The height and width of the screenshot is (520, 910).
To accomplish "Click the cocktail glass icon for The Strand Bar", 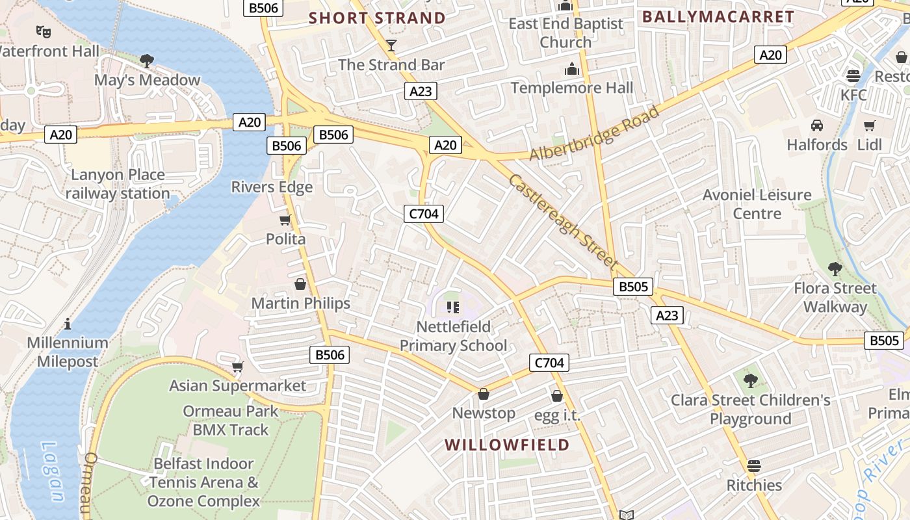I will click(391, 45).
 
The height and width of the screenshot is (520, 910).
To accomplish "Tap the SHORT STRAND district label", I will click(377, 18).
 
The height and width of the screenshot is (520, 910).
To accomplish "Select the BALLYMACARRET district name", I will click(718, 17).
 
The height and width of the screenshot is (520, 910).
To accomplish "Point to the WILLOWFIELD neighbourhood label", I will click(507, 445).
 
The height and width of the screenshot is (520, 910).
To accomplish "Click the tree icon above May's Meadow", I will click(147, 61).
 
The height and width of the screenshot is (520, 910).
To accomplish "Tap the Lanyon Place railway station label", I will click(118, 184).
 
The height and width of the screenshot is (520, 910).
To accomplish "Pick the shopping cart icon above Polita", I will click(285, 220).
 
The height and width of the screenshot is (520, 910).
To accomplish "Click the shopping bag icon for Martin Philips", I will click(300, 284).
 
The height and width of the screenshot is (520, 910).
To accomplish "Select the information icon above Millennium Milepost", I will click(68, 324).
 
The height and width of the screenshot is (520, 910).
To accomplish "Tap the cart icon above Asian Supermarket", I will click(238, 367).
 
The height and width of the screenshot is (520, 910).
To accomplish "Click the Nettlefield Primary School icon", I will click(453, 307).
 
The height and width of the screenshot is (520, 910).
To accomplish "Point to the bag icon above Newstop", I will click(483, 394).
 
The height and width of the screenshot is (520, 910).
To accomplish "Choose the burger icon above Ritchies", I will click(754, 465).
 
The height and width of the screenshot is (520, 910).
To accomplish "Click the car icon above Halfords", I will click(817, 125).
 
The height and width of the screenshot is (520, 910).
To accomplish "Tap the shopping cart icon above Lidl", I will click(869, 125).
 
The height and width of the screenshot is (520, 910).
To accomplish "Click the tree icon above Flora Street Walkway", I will click(835, 268).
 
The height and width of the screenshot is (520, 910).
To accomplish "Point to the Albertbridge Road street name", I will click(594, 133).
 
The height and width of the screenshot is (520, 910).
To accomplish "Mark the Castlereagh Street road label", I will click(563, 221).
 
